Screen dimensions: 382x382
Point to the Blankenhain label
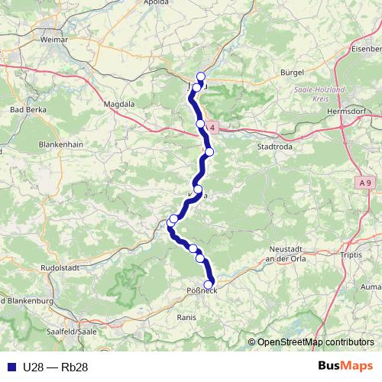[x=60, y=144]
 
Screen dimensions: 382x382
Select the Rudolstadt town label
[x=60, y=268]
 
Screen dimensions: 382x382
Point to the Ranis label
[x=186, y=316]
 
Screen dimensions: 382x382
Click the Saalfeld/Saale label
[x=71, y=332]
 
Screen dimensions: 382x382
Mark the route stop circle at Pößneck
[x=209, y=284]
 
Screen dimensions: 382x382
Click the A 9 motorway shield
[x=364, y=183]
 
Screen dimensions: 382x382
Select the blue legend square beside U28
[x=9, y=367]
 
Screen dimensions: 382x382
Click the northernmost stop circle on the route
[x=201, y=76]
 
